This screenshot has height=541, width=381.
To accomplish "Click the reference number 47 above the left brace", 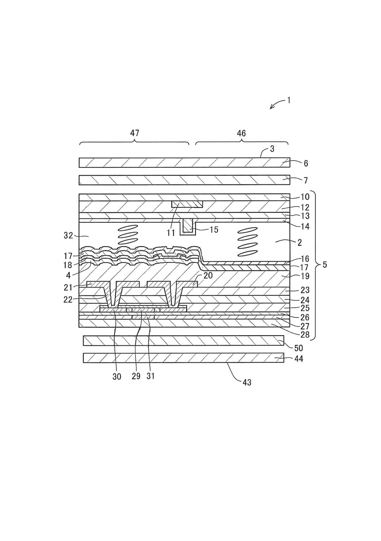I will click(x=135, y=133).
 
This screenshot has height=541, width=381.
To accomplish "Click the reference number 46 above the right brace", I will click(x=241, y=133).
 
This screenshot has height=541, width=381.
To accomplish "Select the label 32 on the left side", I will click(x=68, y=236).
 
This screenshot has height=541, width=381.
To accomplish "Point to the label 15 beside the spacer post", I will click(x=214, y=230).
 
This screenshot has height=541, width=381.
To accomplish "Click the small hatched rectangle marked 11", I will click(x=187, y=204).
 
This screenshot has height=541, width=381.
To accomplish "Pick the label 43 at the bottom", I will click(x=247, y=382).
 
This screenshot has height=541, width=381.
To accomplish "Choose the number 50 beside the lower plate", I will click(x=299, y=348).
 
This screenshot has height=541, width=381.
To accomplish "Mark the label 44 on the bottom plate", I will click(x=299, y=359).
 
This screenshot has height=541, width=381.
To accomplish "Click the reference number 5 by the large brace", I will click(x=324, y=265).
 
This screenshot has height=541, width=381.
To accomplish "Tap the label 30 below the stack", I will click(x=117, y=376).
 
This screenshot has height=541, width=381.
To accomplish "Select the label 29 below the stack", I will click(x=136, y=376).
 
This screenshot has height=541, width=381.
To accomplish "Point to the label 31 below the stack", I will click(x=151, y=376).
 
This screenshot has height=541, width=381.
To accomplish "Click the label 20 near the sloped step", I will click(x=208, y=275).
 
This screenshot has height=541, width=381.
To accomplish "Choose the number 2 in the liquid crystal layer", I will click(x=299, y=243).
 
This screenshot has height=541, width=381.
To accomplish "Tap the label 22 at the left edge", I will click(x=68, y=299).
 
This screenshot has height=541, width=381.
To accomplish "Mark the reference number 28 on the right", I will click(x=305, y=335).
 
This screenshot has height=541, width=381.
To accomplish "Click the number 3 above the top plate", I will click(x=272, y=149).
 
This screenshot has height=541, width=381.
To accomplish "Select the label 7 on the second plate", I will click(x=306, y=180).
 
